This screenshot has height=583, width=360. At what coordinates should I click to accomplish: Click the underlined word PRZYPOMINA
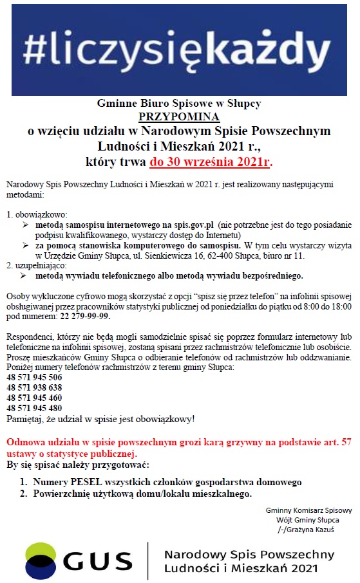(x=179, y=116)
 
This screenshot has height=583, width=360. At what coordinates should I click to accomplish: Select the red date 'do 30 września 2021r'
(x=210, y=161)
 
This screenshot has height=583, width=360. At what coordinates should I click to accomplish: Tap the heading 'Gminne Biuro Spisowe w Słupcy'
(x=179, y=103)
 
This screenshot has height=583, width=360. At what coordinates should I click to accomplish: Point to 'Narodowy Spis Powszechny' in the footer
(x=249, y=554)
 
